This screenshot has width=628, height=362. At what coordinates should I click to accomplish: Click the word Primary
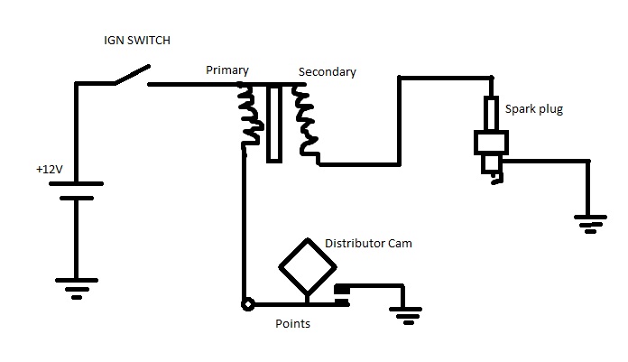[x=226, y=70]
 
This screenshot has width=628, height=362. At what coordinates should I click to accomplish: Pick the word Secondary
[x=328, y=71]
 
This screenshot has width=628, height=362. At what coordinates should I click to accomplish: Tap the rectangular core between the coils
[x=275, y=124]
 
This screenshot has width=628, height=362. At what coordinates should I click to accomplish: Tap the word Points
[x=292, y=323]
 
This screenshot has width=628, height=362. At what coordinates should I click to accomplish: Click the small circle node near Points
[x=245, y=304]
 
